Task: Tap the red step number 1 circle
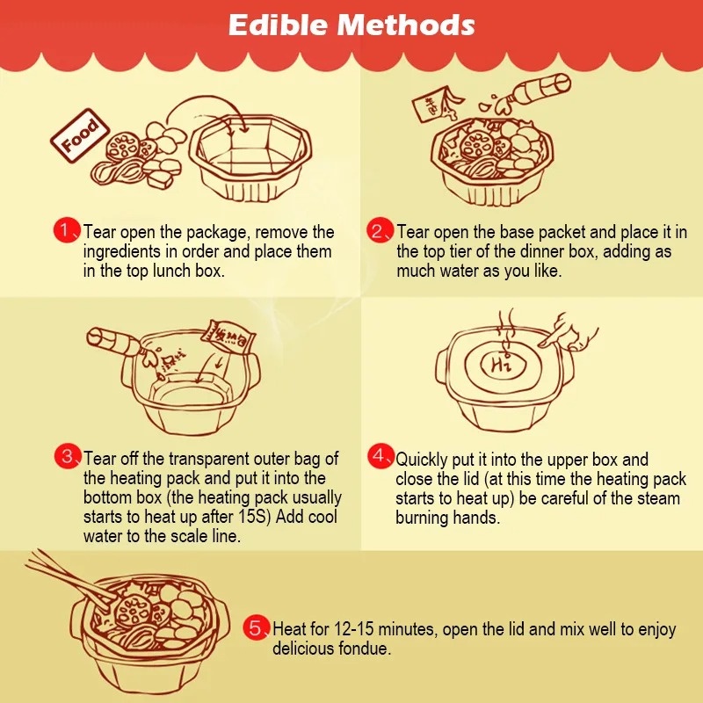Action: click(x=67, y=231)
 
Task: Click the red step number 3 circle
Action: click(x=67, y=457)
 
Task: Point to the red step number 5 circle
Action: click(x=256, y=628)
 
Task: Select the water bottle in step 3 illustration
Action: click(x=114, y=340)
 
